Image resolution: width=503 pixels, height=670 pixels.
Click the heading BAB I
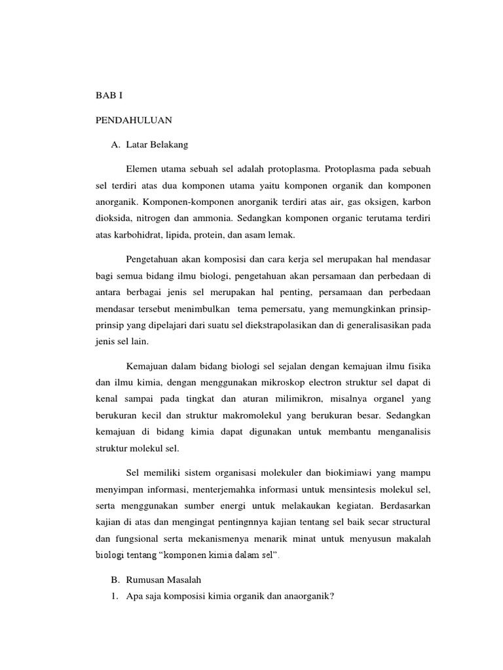click(109, 96)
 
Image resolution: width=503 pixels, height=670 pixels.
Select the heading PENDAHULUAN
click(134, 120)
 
